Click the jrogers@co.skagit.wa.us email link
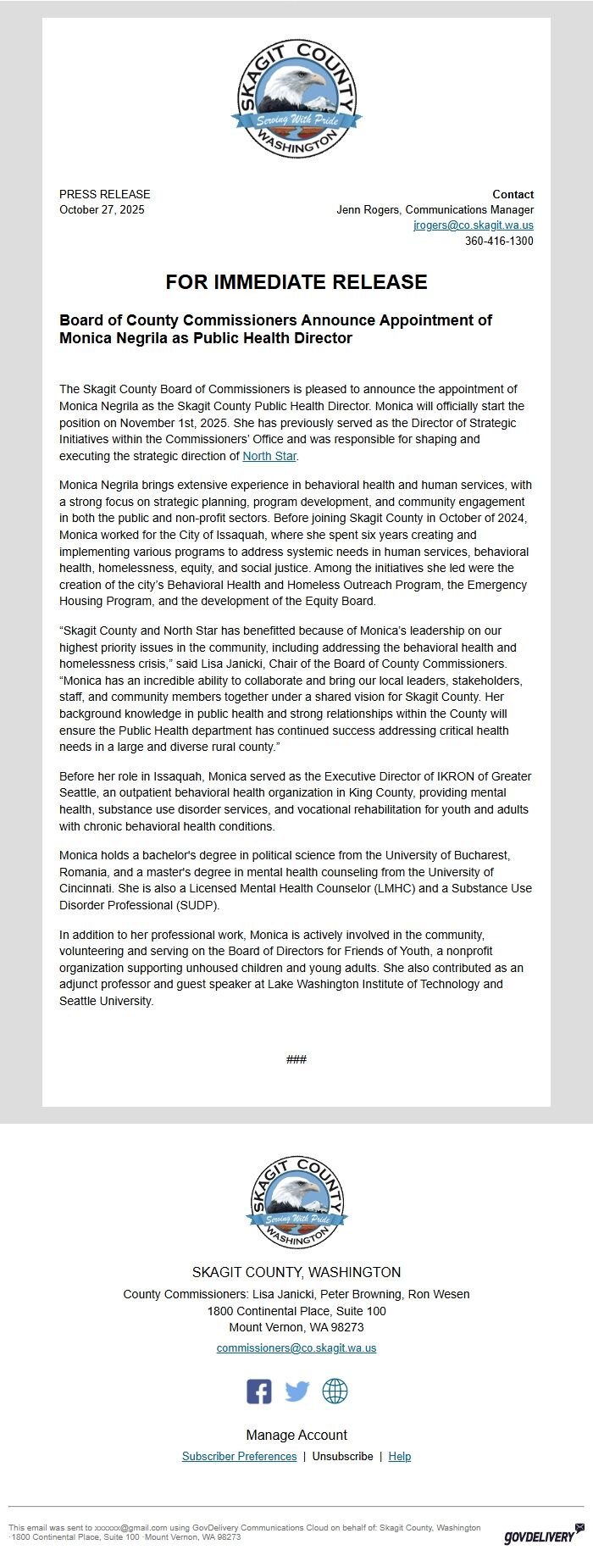473,225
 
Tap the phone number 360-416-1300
499,242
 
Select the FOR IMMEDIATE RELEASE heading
296,282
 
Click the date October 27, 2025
102,210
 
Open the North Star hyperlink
269,456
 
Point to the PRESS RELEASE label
104,194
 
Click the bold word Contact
513,194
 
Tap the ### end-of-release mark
296,1059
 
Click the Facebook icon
259,1391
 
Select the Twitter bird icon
296,1391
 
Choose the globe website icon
335,1391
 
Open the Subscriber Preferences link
239,1456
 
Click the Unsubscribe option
342,1456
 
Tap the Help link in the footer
400,1456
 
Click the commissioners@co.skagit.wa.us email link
296,1347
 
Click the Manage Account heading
296,1435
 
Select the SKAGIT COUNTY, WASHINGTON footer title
296,1272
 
